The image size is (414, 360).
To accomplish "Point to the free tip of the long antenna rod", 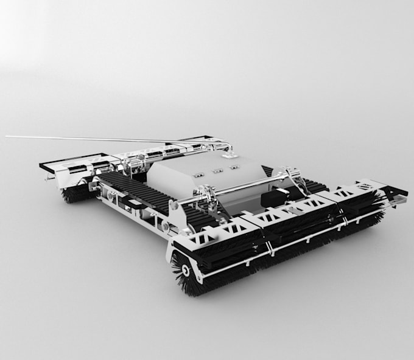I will point(7,137).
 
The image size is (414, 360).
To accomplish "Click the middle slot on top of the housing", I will point(217,171).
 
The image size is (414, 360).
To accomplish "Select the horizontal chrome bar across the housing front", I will point(244,185).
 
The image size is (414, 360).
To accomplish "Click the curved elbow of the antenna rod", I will point(228,145).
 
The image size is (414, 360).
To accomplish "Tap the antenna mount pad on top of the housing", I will point(230,155).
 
